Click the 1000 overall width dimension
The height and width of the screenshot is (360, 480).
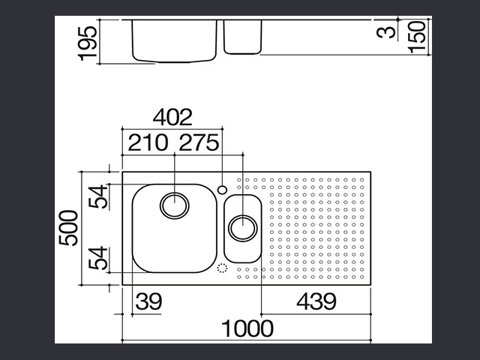[247, 328]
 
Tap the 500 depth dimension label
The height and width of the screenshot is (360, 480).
[68, 228]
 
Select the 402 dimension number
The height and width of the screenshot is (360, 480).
[172, 117]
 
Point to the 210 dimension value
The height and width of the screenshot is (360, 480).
[148, 142]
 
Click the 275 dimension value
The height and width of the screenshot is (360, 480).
[199, 142]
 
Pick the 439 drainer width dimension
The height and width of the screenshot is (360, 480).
[316, 301]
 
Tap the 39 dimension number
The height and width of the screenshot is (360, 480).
[148, 301]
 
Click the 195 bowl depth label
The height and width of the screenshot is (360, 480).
[88, 43]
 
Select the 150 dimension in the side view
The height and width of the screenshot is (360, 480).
[418, 37]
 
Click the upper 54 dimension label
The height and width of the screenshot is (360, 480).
[98, 196]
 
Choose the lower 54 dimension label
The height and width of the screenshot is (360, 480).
[98, 258]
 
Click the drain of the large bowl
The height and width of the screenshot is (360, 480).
[175, 205]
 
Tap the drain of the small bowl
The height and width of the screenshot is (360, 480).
[243, 228]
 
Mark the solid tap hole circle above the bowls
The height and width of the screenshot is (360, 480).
[222, 190]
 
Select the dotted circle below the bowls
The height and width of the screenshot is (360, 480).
[222, 268]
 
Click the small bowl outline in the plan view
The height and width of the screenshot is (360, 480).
[224, 228]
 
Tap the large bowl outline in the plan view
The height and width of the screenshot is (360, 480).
[133, 228]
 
